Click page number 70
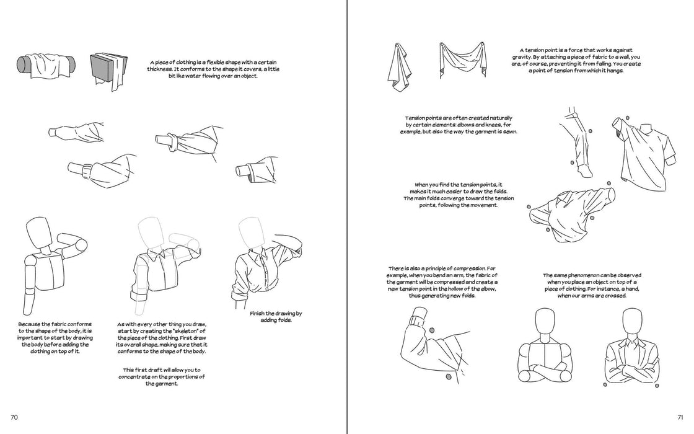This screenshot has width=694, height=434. point(14,417)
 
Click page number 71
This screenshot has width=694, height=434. point(680,417)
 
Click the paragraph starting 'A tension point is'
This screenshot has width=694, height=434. point(576,60)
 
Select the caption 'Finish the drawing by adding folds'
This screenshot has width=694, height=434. point(275,317)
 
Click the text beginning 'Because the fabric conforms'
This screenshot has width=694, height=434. point(55,337)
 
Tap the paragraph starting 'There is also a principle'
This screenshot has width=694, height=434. point(442,281)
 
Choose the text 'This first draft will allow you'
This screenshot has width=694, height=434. point(162,377)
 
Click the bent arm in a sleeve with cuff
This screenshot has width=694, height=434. point(431,345)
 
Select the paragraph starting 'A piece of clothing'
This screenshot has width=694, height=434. point(213,69)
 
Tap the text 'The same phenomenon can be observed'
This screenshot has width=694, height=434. point(592,285)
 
